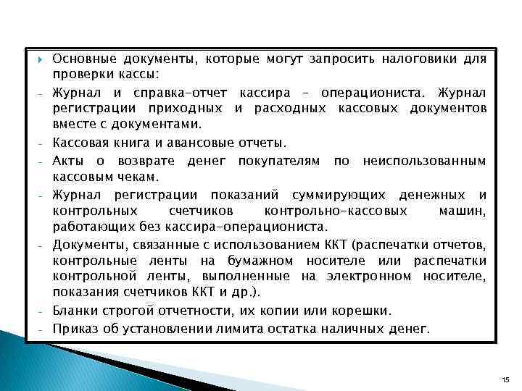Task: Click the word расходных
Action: click(291, 108)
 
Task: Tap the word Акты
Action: click(69, 160)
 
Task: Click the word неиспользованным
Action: click(424, 160)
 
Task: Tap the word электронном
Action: click(405, 276)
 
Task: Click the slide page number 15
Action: click(505, 379)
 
